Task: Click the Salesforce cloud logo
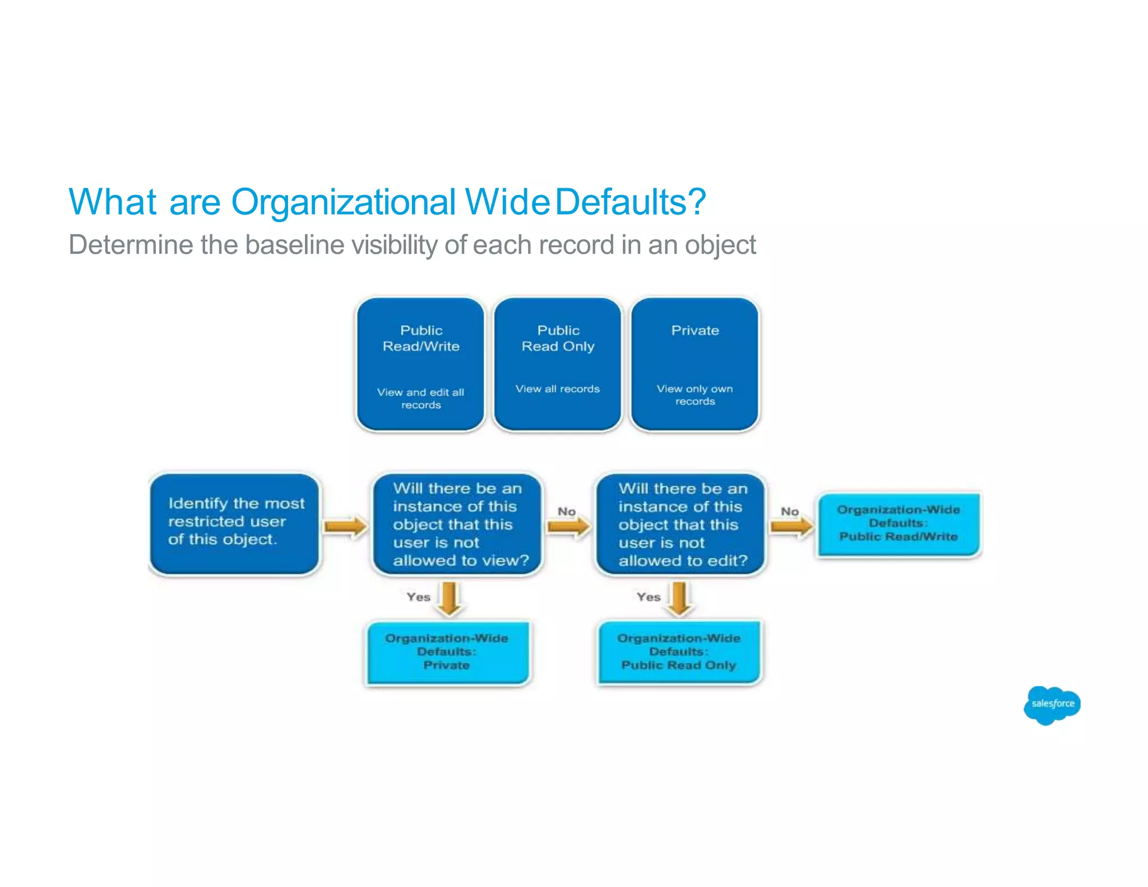coord(1052,705)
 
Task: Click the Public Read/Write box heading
coord(421,338)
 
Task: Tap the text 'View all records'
coord(557,389)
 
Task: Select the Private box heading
coord(695,330)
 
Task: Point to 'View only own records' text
coord(695,395)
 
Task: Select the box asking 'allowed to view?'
coord(458,524)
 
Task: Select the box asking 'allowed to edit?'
coord(681,524)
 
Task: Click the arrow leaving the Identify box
coord(345,526)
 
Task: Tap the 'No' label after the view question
coord(566,511)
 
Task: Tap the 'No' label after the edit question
coord(789,511)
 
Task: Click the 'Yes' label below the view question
coord(418,597)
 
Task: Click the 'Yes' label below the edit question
coord(648,597)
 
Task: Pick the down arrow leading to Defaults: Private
coord(450,599)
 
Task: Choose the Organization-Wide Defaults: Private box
coord(447,652)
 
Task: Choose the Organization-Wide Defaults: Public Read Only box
coord(679,652)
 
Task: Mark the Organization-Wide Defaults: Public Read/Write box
coord(898,523)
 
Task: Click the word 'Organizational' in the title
coord(343,202)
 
